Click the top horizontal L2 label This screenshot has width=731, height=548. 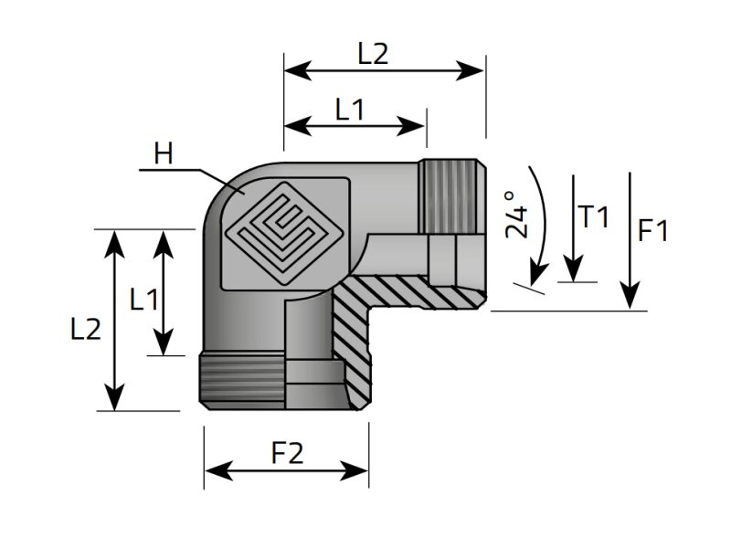pos(373,54)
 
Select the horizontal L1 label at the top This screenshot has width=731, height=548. pos(350,111)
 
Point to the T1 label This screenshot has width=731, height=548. pos(593,217)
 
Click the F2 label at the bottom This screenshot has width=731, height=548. pos(287,454)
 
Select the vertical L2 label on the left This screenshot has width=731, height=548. pos(85,329)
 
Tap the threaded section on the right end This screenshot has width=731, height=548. pos(452,195)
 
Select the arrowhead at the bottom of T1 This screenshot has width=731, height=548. pos(573,271)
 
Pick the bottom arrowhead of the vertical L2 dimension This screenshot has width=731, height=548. pos(114,399)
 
